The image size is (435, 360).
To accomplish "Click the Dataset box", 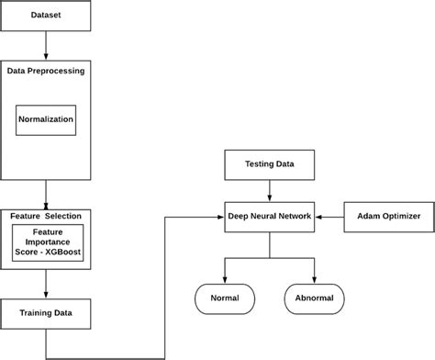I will tap(46, 17).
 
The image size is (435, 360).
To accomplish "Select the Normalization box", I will tap(46, 119).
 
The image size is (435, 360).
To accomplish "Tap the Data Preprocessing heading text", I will tap(46, 70).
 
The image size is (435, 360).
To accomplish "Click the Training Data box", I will tap(46, 313).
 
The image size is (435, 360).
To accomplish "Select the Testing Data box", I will tap(269, 165).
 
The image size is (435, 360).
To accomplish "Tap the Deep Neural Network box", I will tap(269, 217).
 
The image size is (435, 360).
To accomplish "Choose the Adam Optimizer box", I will tap(382, 217).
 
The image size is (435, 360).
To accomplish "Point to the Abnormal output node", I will tap(315, 298).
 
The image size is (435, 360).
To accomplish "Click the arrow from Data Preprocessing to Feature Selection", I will tap(46, 195).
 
